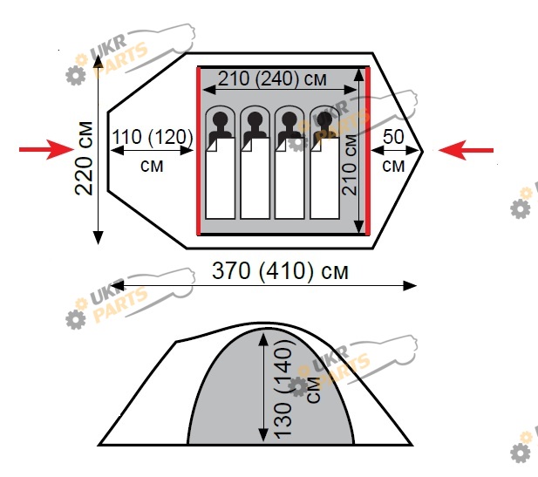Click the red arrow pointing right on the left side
46,150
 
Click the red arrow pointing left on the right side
466,150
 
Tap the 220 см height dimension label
84,158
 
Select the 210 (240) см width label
272,78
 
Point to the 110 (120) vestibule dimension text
153,137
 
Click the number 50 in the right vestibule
393,137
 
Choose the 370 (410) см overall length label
280,270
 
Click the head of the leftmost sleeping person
221,119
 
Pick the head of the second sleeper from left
255,119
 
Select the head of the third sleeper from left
289,119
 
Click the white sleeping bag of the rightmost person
324,178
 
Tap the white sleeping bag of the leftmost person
221,178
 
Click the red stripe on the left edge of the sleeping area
198,151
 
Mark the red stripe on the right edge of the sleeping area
367,151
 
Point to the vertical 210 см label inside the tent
350,165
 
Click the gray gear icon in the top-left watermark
76,75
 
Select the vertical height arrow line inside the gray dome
263,387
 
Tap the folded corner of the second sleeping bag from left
246,145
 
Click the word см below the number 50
393,166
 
